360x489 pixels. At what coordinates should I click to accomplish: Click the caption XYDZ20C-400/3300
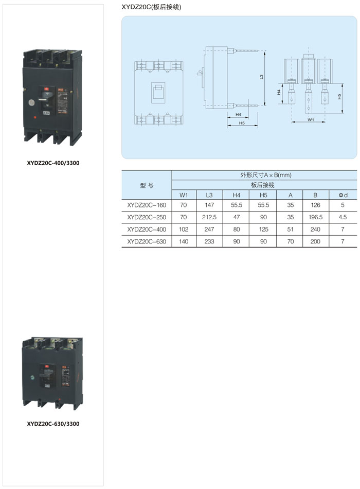click(x=53, y=163)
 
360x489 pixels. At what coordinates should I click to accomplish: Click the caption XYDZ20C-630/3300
click(x=53, y=424)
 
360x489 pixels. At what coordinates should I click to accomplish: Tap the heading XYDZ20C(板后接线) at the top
click(x=151, y=7)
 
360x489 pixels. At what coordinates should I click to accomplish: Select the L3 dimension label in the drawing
click(x=262, y=77)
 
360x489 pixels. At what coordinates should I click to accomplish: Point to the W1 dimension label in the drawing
click(x=311, y=119)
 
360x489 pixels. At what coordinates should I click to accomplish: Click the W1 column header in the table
click(x=184, y=195)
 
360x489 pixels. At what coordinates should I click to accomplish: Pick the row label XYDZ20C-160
click(x=147, y=205)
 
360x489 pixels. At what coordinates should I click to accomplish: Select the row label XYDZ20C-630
click(x=147, y=241)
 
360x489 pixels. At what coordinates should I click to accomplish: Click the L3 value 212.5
click(x=209, y=217)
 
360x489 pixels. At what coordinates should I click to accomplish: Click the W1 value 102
click(x=184, y=229)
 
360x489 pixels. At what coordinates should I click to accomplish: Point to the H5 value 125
click(x=263, y=229)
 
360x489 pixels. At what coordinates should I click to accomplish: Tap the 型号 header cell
click(x=147, y=185)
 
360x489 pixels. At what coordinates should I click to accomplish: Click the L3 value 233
click(x=209, y=241)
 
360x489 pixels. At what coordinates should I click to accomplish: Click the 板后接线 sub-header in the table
click(x=263, y=185)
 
